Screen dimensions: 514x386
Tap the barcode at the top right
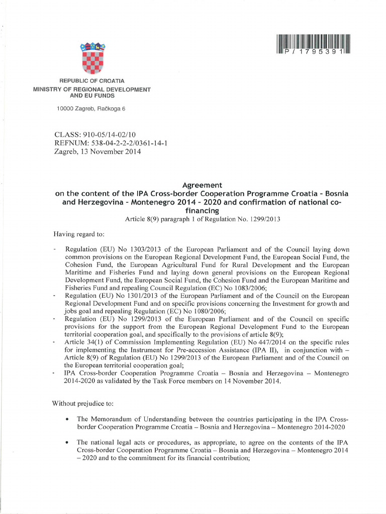coord(312,44)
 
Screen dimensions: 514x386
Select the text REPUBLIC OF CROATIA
coord(92,81)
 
